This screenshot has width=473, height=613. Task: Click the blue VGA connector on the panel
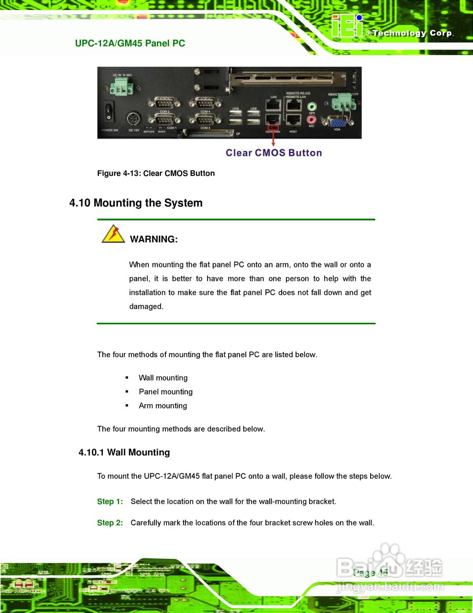tap(337, 122)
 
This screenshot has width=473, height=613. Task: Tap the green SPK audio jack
tap(312, 106)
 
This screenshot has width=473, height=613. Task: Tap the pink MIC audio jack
tap(311, 119)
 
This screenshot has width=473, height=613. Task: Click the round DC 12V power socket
tap(133, 119)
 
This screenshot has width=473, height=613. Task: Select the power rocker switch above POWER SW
tap(109, 112)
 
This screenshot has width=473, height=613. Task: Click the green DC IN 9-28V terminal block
tap(121, 87)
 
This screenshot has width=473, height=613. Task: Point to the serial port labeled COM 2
tap(164, 103)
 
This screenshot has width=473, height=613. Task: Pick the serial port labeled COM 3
tap(205, 120)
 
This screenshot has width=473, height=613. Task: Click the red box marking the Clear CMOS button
tap(273, 127)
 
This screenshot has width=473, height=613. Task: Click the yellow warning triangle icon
tap(113, 234)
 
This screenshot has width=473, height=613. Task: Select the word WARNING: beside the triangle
tap(154, 239)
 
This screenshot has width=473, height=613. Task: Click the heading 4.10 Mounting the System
tap(136, 203)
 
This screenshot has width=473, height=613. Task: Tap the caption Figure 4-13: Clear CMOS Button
tap(156, 173)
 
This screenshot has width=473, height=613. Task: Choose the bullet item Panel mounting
tap(165, 392)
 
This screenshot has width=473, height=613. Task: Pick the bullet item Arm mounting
tap(163, 406)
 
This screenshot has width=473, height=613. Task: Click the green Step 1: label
tap(110, 501)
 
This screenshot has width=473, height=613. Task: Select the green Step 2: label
tap(110, 522)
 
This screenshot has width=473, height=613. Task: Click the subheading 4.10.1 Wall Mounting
tap(124, 453)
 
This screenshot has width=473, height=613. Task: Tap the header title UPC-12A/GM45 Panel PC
tap(130, 43)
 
